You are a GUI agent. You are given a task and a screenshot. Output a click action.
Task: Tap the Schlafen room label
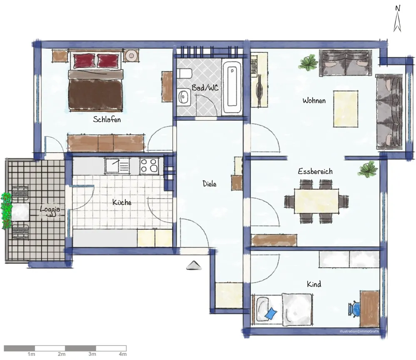click(107, 119)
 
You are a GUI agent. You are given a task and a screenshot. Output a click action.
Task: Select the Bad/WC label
click(205, 88)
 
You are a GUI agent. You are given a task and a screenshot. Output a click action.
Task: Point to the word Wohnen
click(314, 100)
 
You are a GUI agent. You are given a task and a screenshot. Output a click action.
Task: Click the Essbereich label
click(315, 171)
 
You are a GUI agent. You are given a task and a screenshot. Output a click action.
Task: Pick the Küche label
click(122, 202)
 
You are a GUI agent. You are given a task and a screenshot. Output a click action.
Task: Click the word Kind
click(314, 284)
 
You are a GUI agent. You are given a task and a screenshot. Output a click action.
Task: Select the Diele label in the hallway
click(209, 184)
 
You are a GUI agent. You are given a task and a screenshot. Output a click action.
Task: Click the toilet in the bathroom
click(184, 73)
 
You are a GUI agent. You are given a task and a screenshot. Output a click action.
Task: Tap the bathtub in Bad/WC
click(232, 87)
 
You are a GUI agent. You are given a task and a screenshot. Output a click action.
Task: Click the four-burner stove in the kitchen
click(149, 166)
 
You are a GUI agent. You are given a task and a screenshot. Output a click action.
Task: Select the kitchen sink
click(117, 166)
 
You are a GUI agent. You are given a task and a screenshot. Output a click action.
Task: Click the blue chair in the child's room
click(354, 309)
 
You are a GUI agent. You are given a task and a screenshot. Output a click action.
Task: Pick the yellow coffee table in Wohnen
click(346, 109)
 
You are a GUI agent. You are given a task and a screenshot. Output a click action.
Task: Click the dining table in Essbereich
click(316, 201)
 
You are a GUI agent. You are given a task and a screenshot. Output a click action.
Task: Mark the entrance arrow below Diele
click(194, 266)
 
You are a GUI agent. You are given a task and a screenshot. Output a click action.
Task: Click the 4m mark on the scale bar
click(122, 354)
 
